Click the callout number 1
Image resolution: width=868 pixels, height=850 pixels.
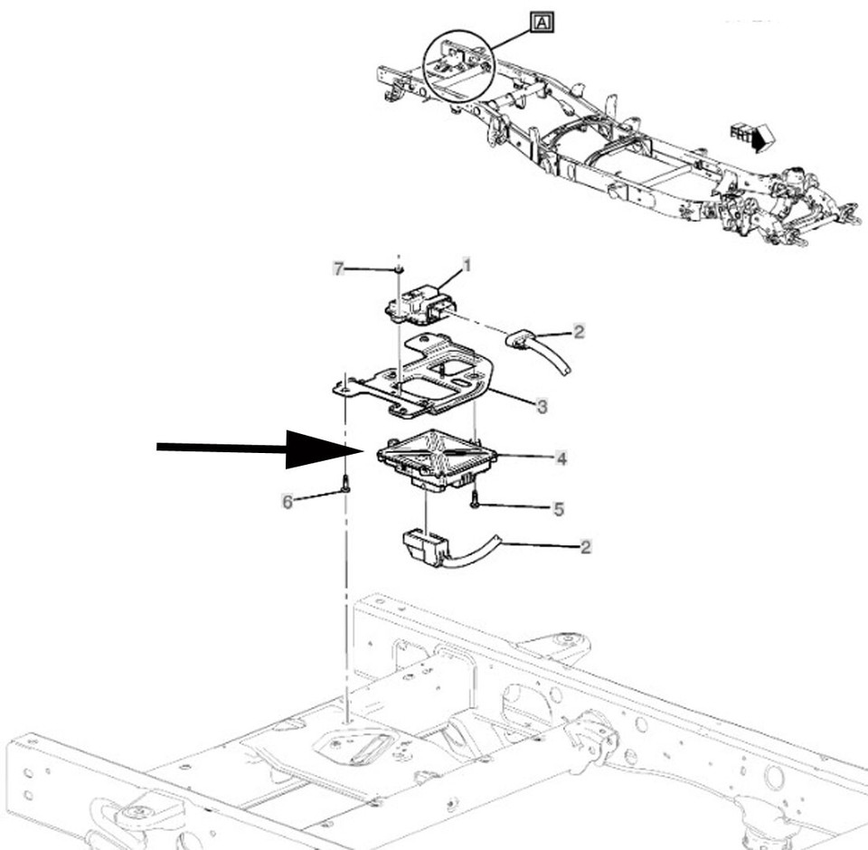tap(467, 265)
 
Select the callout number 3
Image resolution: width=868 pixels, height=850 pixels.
tap(542, 407)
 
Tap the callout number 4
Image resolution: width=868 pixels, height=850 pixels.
tap(561, 459)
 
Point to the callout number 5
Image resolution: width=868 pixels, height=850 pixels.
tap(559, 509)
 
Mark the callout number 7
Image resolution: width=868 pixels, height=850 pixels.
tap(339, 269)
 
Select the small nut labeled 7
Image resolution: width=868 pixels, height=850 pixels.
tap(398, 269)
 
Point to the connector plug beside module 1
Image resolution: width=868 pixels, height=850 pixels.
tap(524, 342)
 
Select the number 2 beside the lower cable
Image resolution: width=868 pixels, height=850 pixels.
tap(586, 546)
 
